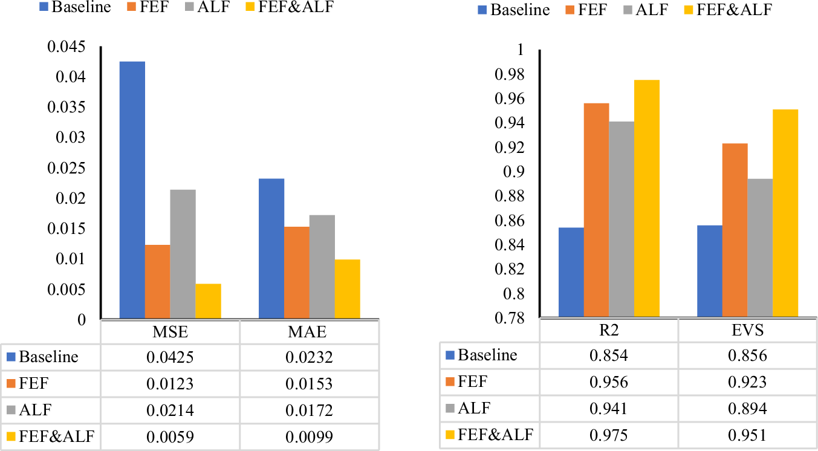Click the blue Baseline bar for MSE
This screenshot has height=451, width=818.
click(x=132, y=190)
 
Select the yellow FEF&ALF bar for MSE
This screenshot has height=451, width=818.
click(x=208, y=300)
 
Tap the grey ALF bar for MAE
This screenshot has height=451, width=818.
click(x=322, y=267)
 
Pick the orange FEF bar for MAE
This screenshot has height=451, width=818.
click(x=297, y=272)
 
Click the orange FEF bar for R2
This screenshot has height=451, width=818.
click(x=596, y=210)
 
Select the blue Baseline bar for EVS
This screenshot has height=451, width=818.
click(x=710, y=271)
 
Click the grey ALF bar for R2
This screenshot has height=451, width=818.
click(x=622, y=219)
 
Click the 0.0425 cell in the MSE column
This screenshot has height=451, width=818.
click(x=170, y=357)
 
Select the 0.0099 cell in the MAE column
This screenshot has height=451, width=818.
click(x=310, y=437)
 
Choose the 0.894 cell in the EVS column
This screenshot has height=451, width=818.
click(x=748, y=409)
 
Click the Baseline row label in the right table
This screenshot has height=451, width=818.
click(x=487, y=355)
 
